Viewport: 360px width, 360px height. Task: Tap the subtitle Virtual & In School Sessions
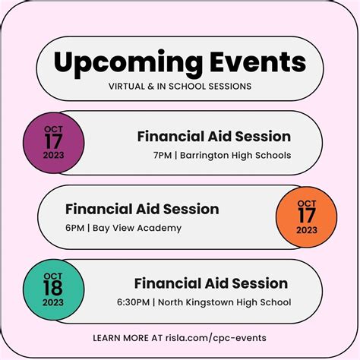180,86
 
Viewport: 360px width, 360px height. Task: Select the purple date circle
54,142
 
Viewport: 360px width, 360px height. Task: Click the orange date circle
307,216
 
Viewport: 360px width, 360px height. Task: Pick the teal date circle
54,291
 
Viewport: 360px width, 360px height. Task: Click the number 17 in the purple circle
54,142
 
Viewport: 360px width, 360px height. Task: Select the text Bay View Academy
139,228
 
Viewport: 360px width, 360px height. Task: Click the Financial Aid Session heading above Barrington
213,137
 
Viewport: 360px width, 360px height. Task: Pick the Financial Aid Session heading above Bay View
142,209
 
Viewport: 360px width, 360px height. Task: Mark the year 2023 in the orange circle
307,230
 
